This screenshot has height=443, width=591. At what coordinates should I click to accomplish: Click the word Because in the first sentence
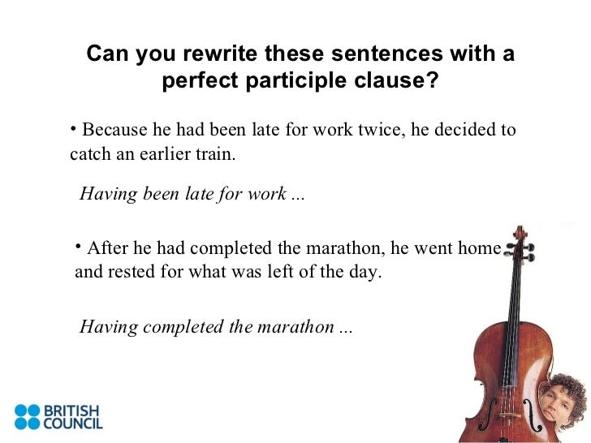point(113,131)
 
